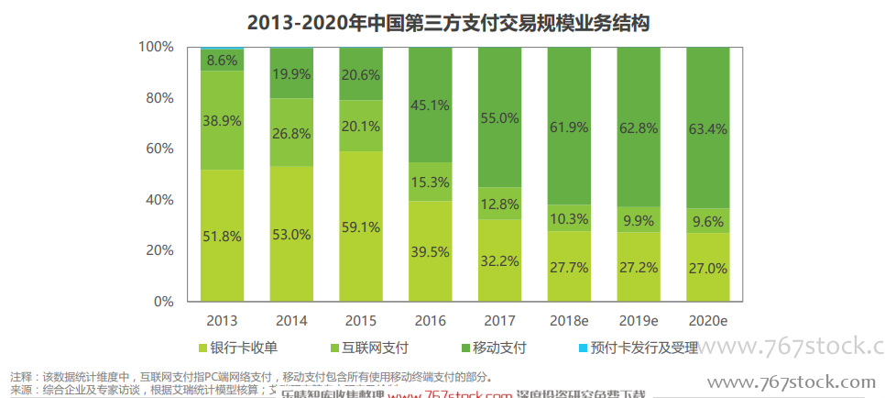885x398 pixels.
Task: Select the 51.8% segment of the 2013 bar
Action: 223,236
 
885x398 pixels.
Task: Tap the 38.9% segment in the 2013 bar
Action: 223,120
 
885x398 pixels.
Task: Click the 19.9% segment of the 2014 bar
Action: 292,73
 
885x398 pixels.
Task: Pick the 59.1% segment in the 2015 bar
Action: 362,226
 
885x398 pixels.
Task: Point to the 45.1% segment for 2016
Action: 431,105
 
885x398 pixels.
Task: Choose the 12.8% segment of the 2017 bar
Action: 500,204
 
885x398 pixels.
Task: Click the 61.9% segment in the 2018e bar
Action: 570,127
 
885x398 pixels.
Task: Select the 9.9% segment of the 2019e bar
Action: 639,220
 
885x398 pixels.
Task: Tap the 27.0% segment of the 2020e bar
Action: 708,268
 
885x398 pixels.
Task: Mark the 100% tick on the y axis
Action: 156,47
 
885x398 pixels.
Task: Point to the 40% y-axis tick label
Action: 159,199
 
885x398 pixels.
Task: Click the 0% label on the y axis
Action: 163,301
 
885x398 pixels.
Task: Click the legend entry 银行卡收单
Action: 236,348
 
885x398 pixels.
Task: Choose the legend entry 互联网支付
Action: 367,348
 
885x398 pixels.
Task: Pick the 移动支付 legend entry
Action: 492,348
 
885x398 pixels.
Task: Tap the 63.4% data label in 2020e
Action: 708,128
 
